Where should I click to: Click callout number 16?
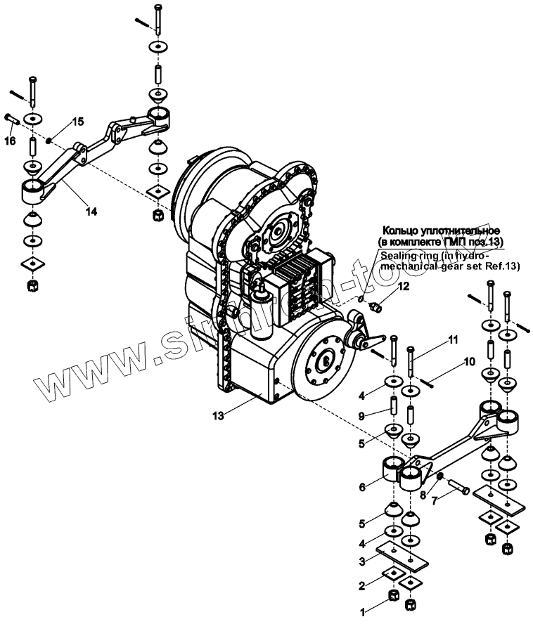click(x=10, y=141)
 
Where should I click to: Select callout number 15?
click(x=77, y=122)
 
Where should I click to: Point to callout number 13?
click(x=219, y=415)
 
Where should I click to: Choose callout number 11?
click(x=452, y=339)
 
